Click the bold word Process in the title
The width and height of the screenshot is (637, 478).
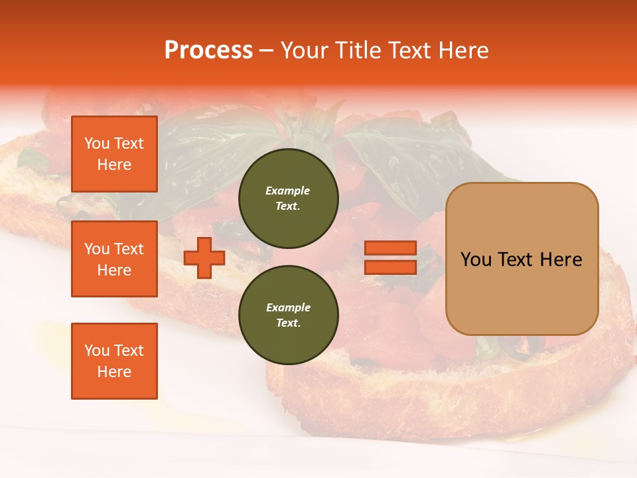click(x=208, y=50)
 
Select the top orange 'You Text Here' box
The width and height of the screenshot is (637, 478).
click(x=114, y=154)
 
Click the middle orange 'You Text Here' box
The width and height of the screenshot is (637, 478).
click(x=114, y=259)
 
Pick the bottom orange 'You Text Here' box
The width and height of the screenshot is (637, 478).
click(x=114, y=361)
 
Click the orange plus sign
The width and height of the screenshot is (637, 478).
click(x=204, y=258)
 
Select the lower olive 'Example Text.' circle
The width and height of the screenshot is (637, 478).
click(x=288, y=315)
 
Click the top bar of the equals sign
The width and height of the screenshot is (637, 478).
click(x=390, y=248)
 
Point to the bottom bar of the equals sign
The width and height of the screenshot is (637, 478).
click(x=390, y=268)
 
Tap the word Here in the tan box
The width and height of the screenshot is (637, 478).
click(x=561, y=260)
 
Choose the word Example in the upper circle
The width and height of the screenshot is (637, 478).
click(x=288, y=191)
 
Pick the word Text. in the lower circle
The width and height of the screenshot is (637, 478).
click(x=288, y=323)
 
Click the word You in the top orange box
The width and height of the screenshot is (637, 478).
click(x=97, y=143)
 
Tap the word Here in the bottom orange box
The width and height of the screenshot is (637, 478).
click(x=114, y=372)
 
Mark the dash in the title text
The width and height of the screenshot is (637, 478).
click(x=266, y=50)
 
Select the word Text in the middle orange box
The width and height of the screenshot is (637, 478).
click(x=129, y=249)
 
